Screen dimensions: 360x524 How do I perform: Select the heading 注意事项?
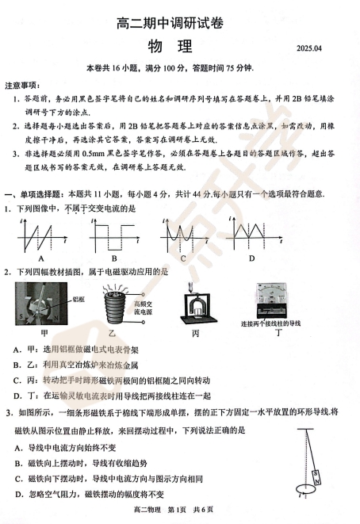[21, 84]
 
